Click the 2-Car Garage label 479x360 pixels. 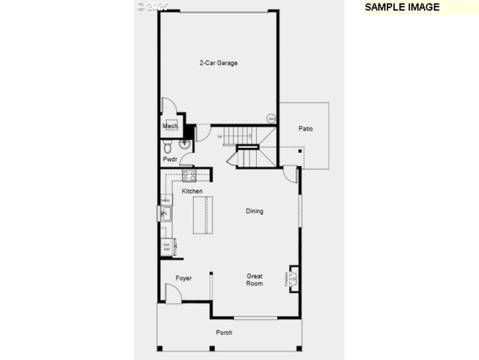pyautogui.click(x=219, y=63)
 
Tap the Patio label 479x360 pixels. pyautogui.click(x=305, y=129)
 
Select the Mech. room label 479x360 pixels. pyautogui.click(x=171, y=126)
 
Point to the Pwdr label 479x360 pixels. pyautogui.click(x=170, y=159)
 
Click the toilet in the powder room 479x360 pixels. pyautogui.click(x=168, y=146)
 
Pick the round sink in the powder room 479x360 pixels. pyautogui.click(x=185, y=144)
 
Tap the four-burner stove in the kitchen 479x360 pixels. pyautogui.click(x=189, y=176)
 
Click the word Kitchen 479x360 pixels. pyautogui.click(x=192, y=191)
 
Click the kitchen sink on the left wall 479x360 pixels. pyautogui.click(x=165, y=213)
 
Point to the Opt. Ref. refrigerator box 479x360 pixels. pyautogui.click(x=167, y=247)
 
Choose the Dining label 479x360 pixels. pyautogui.click(x=254, y=211)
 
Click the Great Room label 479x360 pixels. pyautogui.click(x=254, y=280)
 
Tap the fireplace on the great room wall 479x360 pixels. pyautogui.click(x=293, y=279)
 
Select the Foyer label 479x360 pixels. pyautogui.click(x=184, y=278)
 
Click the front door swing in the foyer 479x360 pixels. pyautogui.click(x=173, y=294)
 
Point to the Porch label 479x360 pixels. pyautogui.click(x=224, y=332)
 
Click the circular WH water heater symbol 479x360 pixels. pyautogui.click(x=271, y=119)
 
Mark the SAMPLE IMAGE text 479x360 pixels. pyautogui.click(x=402, y=7)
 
